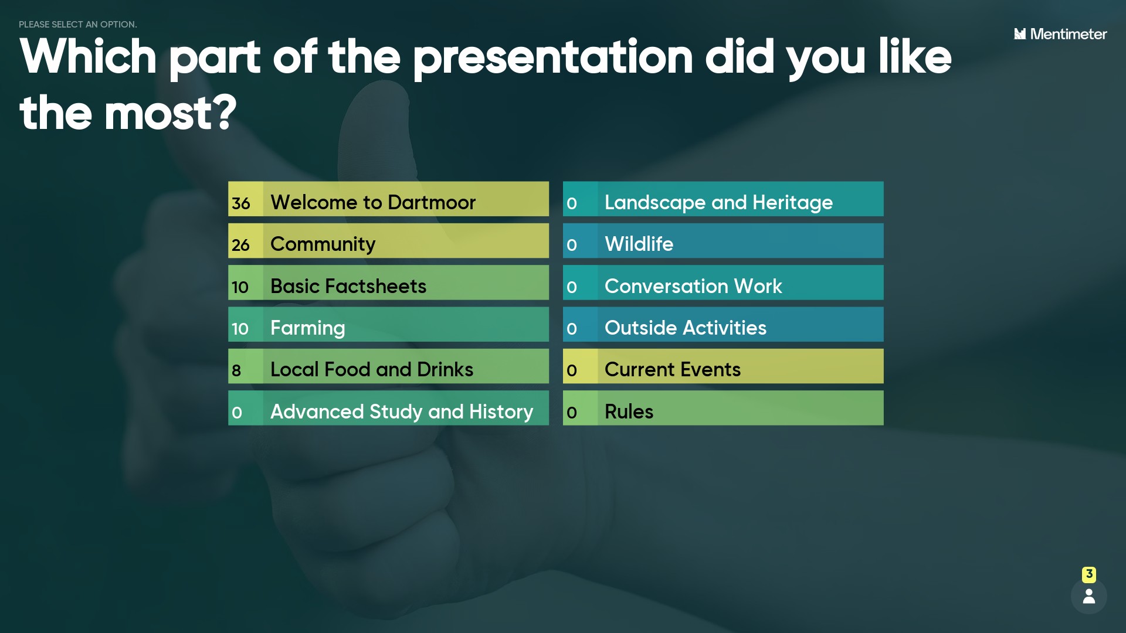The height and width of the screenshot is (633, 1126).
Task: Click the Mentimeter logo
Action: [1060, 34]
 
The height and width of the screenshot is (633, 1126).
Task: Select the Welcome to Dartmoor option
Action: [373, 202]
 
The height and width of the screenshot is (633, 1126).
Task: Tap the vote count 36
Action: [241, 203]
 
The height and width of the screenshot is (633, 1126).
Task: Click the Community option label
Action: [323, 244]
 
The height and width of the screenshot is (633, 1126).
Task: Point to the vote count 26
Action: [240, 245]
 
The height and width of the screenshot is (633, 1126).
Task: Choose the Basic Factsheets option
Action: [348, 286]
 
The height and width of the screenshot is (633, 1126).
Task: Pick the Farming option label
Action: [307, 328]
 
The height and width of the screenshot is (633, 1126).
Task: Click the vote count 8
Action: [236, 370]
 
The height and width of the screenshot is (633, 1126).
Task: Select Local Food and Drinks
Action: [372, 369]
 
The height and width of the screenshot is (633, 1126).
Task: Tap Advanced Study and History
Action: [402, 411]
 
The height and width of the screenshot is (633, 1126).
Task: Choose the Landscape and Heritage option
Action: [718, 202]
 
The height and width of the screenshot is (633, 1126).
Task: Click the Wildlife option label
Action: [639, 244]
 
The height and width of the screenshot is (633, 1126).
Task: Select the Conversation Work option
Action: [693, 286]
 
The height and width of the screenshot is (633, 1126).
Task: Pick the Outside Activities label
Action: [685, 328]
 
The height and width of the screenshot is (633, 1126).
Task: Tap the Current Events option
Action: [672, 369]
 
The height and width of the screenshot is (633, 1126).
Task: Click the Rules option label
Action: [629, 411]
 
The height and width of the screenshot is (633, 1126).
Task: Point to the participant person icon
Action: [1089, 596]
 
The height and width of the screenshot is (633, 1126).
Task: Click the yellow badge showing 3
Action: [1089, 574]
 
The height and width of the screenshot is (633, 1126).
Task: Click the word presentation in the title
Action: [553, 57]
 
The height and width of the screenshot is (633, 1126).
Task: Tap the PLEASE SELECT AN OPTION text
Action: [78, 25]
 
